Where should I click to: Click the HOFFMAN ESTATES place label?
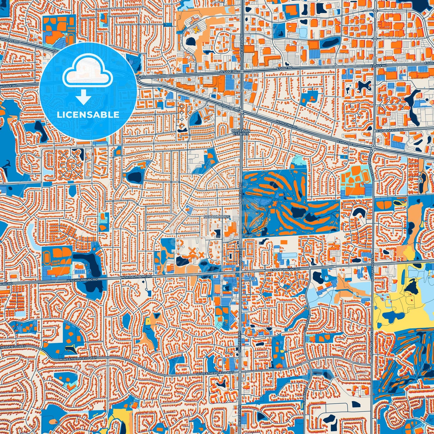coord(241,132)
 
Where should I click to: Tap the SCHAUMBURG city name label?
coord(217,217)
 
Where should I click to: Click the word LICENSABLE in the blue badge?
coord(88,115)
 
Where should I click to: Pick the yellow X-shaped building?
coord(196,29)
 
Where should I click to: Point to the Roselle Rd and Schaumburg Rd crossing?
coord(241,273)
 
